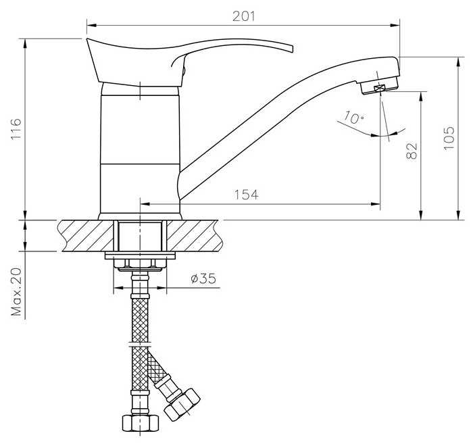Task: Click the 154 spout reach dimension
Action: click(x=246, y=195)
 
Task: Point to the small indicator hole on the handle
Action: click(x=181, y=68)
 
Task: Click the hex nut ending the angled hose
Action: click(x=184, y=403)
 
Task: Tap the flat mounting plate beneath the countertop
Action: click(x=140, y=255)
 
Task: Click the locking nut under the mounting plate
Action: click(x=140, y=264)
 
